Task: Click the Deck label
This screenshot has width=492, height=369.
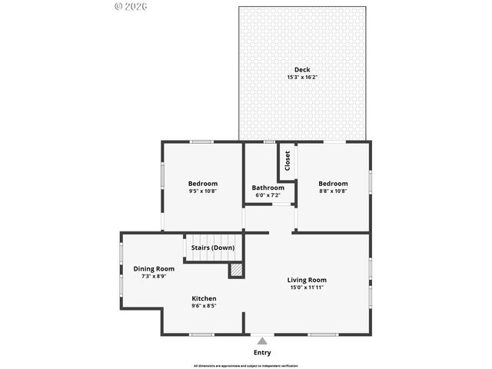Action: click(x=302, y=69)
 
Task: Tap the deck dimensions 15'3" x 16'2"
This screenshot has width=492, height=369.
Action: click(x=302, y=77)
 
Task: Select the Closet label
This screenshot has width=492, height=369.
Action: click(x=288, y=161)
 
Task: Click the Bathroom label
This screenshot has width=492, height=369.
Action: click(x=268, y=188)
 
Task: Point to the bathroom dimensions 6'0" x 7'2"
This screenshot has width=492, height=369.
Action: click(x=268, y=195)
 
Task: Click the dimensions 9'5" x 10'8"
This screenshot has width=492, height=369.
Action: click(x=203, y=191)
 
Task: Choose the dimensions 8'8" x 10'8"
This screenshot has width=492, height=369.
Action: click(x=333, y=191)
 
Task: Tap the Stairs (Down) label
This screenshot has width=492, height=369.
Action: click(x=213, y=248)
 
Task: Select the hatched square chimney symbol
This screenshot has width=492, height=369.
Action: click(x=237, y=271)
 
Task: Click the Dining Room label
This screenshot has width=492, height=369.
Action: click(x=154, y=268)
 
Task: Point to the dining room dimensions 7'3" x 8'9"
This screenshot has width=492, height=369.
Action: click(x=154, y=276)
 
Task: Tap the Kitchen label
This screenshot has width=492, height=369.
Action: click(x=204, y=298)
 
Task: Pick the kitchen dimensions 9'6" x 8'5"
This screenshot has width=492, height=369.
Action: click(x=204, y=306)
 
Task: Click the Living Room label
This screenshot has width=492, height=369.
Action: click(x=307, y=280)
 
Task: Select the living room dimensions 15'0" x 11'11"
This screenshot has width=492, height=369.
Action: click(x=307, y=288)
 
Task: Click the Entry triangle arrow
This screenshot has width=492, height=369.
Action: click(x=262, y=341)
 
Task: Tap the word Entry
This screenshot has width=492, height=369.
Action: click(x=262, y=353)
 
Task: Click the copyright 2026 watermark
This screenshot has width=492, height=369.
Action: click(x=130, y=5)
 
